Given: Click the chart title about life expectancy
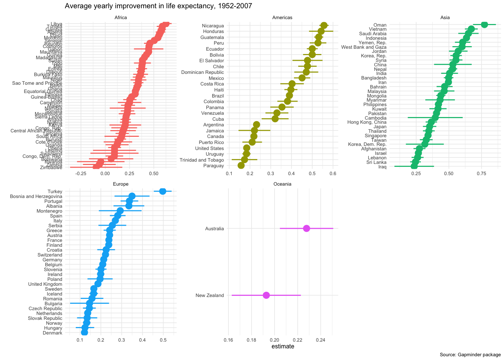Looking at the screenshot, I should [x=158, y=6].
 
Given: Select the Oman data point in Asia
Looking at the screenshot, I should [x=484, y=25].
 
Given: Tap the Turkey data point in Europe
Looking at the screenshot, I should [x=162, y=191].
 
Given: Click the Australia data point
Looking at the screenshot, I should [x=306, y=228].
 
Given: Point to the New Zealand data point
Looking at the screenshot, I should [x=266, y=295].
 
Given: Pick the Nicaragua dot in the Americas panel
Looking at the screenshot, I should [x=324, y=25].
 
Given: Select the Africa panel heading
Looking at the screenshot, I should [x=121, y=18].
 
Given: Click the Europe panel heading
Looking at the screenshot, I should [x=121, y=184].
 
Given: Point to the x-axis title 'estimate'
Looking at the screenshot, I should [x=283, y=346].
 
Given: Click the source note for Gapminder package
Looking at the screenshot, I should [x=470, y=355].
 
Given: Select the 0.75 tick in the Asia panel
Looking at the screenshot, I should [x=481, y=174].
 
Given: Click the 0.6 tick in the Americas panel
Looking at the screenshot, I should [x=333, y=174].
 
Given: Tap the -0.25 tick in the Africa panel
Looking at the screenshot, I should [x=81, y=174].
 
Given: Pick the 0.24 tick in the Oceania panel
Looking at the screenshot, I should [x=321, y=340].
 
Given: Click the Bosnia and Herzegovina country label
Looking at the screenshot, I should [x=36, y=196].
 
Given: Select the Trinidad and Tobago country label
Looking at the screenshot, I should [x=202, y=160].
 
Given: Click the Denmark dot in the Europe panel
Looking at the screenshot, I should [x=84, y=333].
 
